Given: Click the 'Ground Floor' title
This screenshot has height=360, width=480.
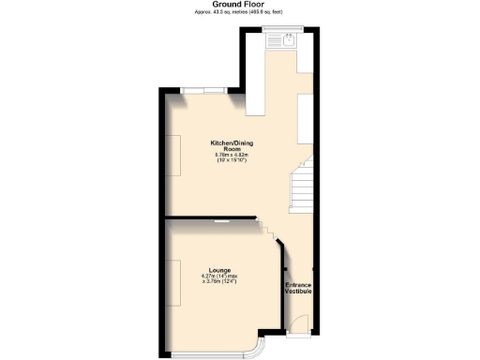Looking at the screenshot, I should coord(239,4).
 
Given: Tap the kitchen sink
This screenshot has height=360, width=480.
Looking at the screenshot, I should coord(280,38).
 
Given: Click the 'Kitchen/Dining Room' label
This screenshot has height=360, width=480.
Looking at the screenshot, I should coord(232,146).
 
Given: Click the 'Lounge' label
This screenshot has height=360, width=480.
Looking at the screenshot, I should coord(221,270).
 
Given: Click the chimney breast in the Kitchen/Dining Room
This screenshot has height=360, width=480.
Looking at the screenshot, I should coord(175,154).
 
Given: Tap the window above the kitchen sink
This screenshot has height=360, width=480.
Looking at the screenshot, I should coord(279,28).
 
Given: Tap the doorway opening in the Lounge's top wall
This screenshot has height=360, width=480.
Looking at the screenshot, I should coord(225,220).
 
